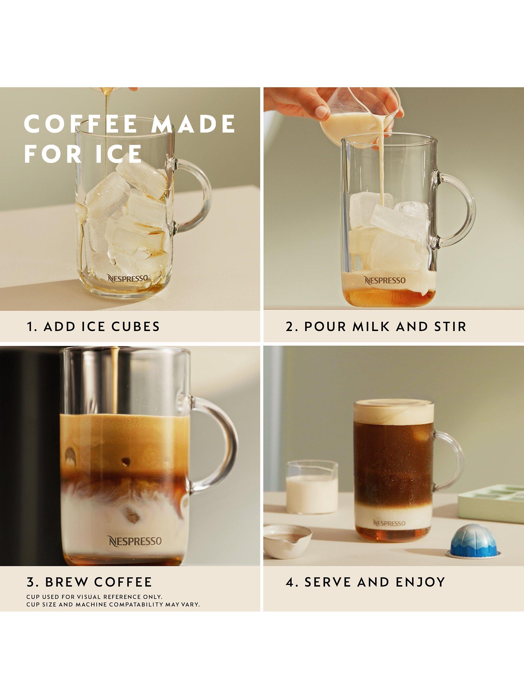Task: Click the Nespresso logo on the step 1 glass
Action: (127, 278)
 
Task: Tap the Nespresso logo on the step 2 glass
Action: (385, 280)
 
